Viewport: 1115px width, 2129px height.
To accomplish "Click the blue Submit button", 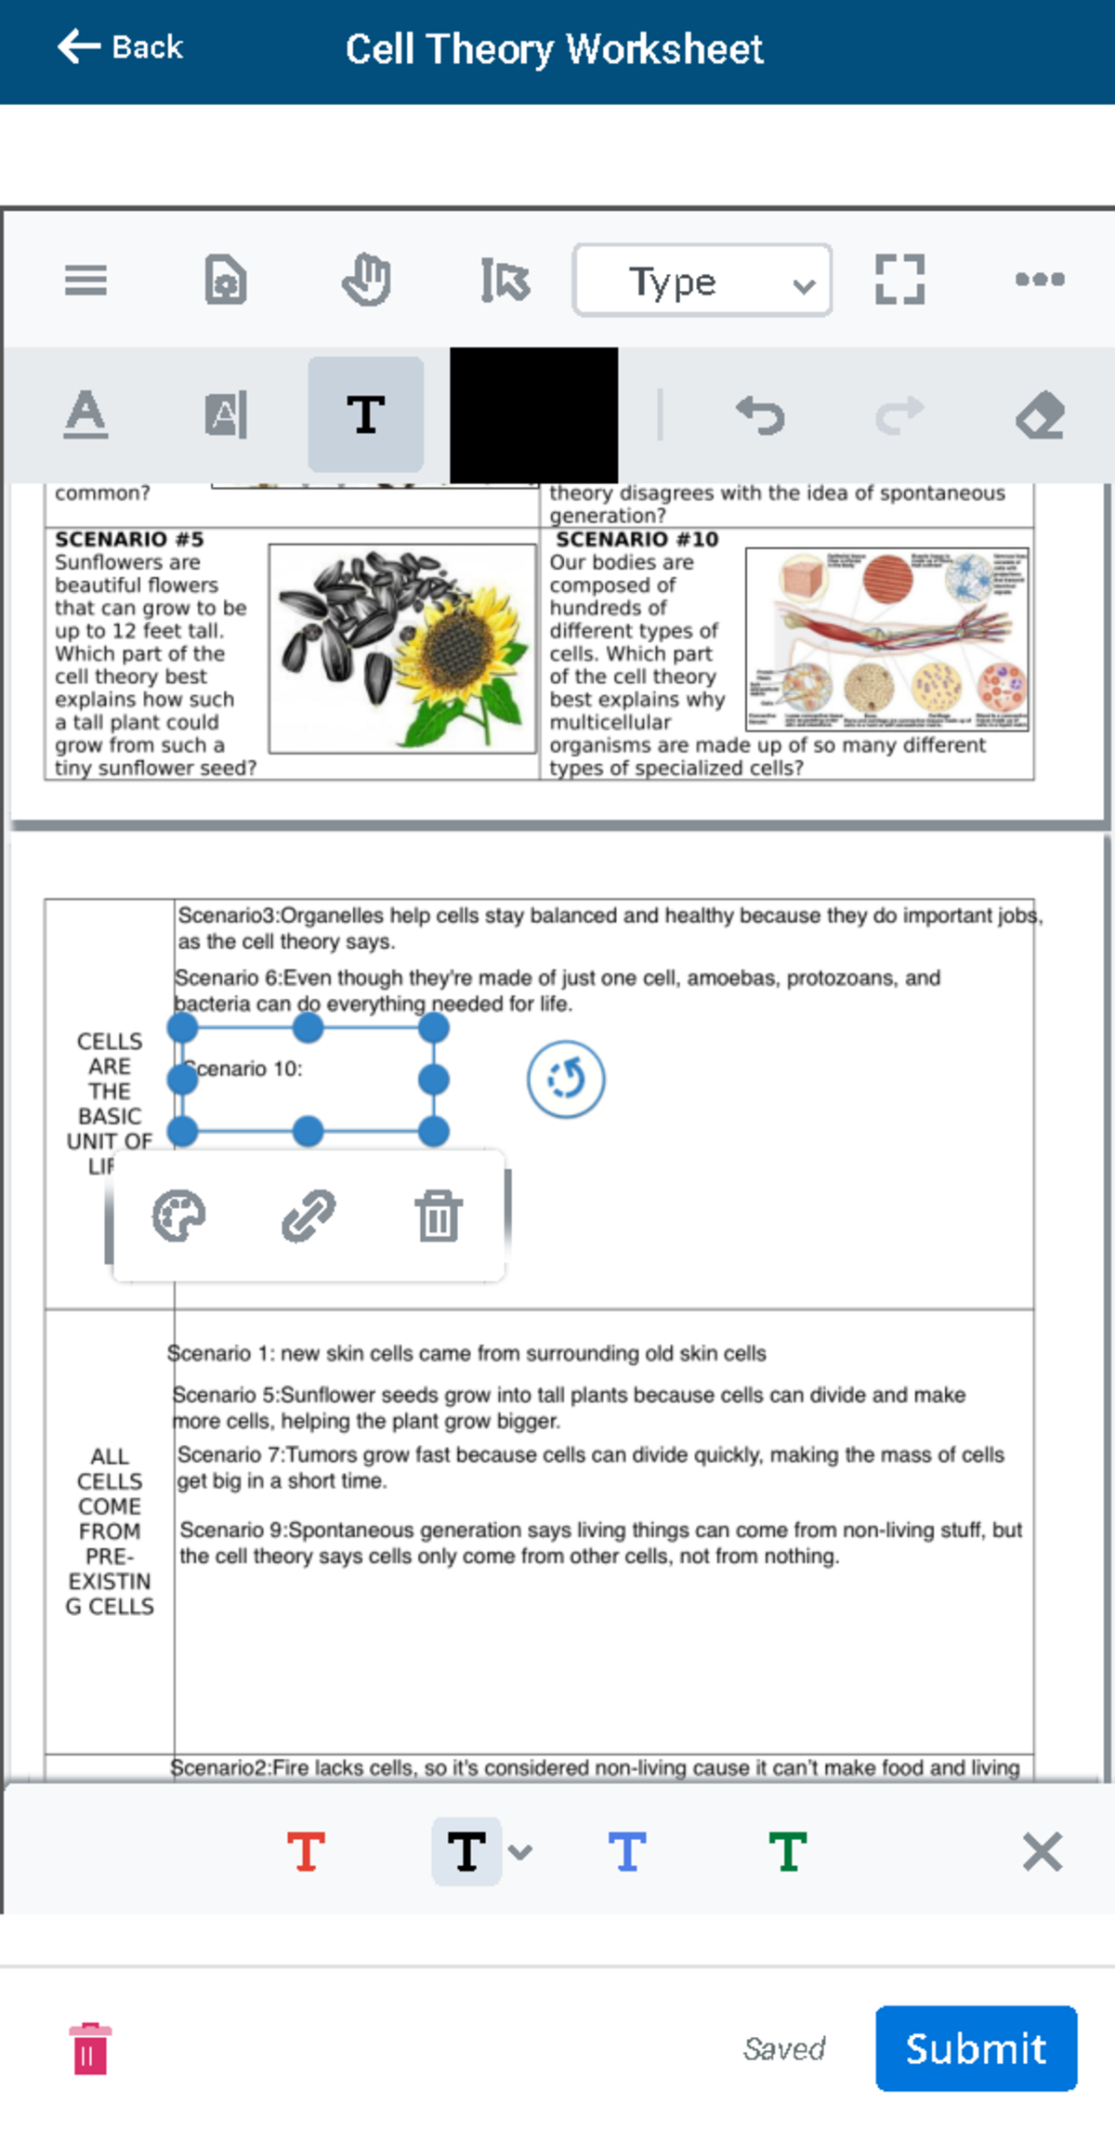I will tap(976, 2048).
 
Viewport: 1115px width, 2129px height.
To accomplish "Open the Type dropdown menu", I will tap(702, 281).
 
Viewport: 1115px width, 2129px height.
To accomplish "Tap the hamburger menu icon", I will tap(85, 280).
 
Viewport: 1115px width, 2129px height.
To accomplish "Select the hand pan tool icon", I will tap(366, 280).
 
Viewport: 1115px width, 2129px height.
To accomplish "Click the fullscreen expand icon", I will tap(899, 280).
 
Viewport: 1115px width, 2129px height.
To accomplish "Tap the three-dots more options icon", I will tap(1040, 279).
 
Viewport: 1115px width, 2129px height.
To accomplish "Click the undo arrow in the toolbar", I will tap(760, 414).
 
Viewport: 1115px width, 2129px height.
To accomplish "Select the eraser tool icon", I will tap(1040, 414).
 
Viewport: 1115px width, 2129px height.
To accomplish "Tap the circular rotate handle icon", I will tap(566, 1080).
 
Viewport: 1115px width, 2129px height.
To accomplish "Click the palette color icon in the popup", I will tap(178, 1216).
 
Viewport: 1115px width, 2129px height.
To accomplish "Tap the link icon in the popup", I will tap(308, 1216).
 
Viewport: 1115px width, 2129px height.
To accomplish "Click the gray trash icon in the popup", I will tap(439, 1216).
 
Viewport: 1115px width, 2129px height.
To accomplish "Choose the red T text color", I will tap(307, 1851).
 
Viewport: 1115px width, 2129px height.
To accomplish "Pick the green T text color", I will tap(788, 1851).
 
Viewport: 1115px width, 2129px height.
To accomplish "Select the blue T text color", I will tap(627, 1851).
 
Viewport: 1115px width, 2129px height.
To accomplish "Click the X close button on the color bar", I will tap(1042, 1851).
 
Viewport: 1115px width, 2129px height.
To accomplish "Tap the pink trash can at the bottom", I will tap(90, 2048).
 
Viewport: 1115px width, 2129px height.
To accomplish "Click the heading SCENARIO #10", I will tap(636, 539).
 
